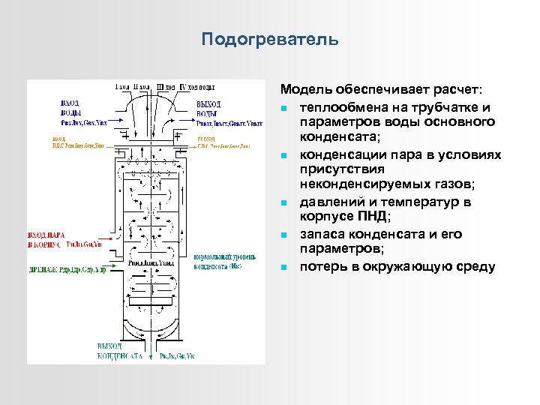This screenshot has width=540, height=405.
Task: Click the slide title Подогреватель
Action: (270, 38)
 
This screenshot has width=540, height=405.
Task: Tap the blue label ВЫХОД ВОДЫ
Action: (208, 107)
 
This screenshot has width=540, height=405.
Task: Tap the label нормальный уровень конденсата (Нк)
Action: (218, 262)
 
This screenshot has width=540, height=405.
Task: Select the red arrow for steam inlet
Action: (109, 238)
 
